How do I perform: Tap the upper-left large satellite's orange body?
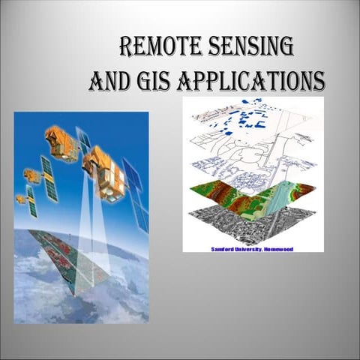[x=61, y=142]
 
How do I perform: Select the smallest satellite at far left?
[x=20, y=199]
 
